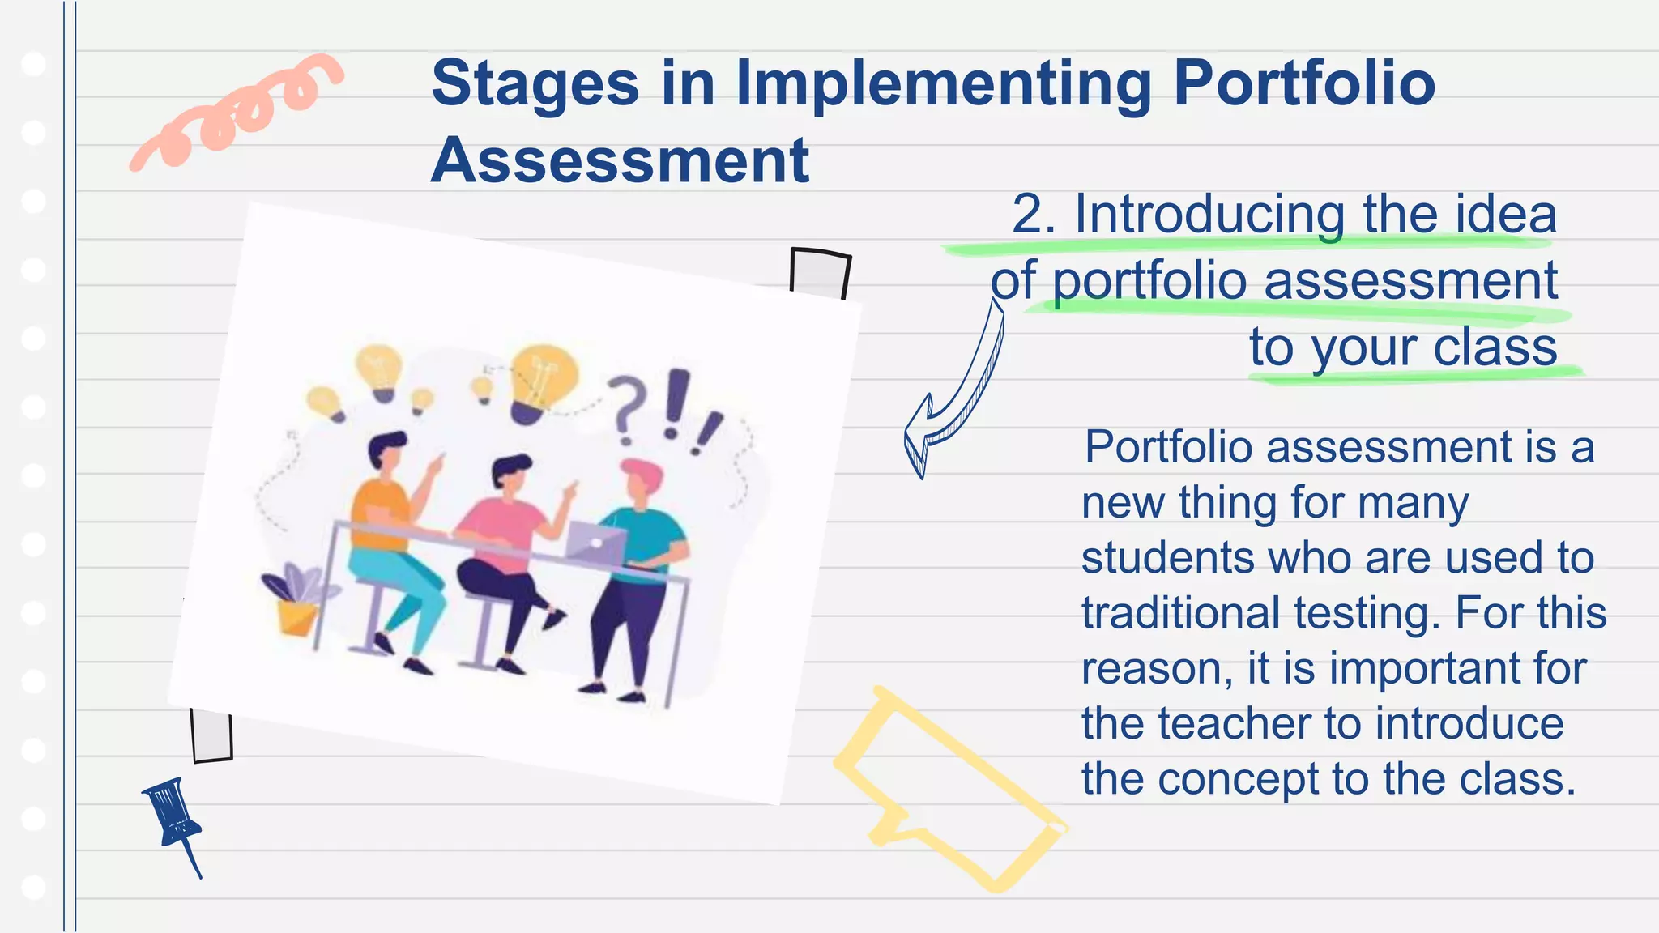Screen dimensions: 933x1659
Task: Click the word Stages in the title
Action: coord(535,83)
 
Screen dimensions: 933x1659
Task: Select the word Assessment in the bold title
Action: coord(620,160)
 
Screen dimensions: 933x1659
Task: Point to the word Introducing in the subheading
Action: coord(1212,215)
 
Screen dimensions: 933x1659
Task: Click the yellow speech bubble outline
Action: coord(948,790)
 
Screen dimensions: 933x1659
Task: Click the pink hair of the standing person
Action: coord(642,472)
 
